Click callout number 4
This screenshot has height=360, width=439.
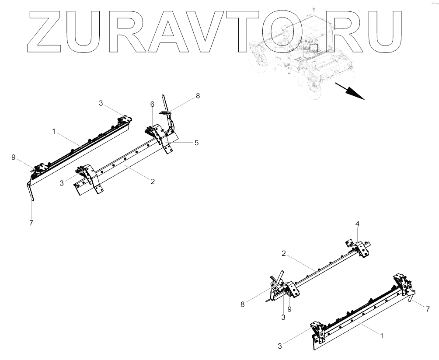357,224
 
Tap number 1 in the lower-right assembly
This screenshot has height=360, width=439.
381,336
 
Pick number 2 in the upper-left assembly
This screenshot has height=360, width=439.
153,182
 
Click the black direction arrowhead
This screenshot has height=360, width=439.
357,94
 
